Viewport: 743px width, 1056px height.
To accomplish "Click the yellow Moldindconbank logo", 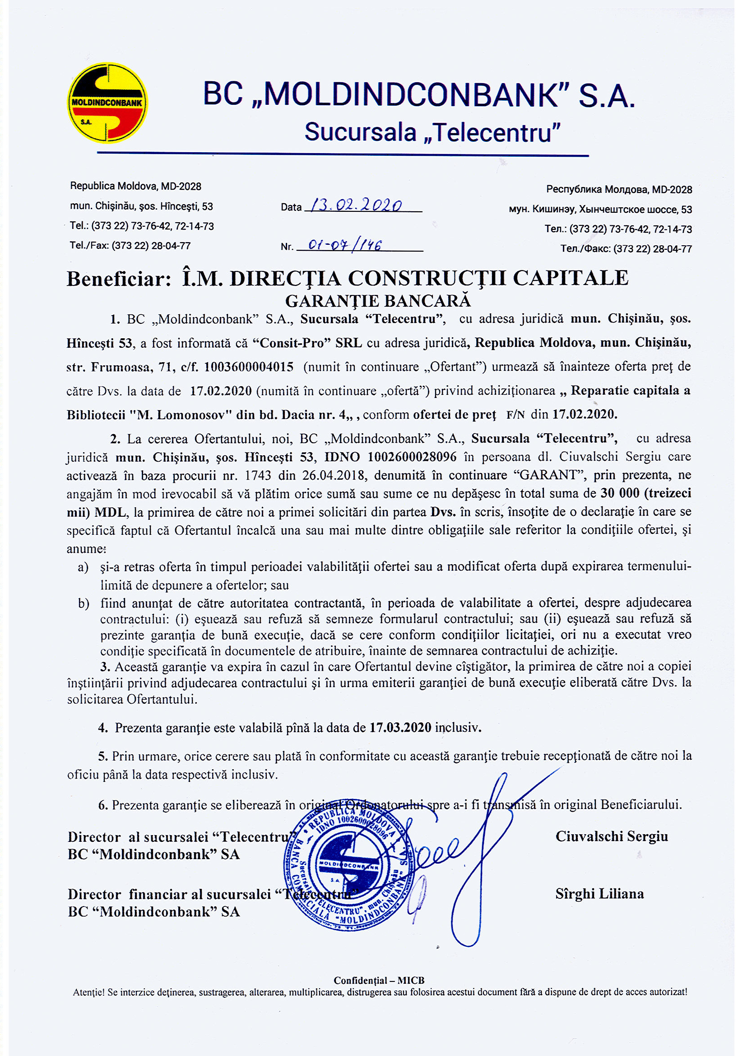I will click(x=107, y=103).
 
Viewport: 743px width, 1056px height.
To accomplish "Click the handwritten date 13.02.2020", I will click(x=356, y=205).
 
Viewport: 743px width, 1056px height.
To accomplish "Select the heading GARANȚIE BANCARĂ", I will click(x=378, y=301).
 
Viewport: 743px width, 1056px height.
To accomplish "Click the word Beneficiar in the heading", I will click(x=119, y=279).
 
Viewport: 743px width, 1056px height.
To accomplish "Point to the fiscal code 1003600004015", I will click(x=249, y=367).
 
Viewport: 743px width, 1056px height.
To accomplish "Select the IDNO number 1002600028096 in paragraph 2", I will click(x=412, y=457).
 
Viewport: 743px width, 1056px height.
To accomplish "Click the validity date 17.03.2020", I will click(x=400, y=728).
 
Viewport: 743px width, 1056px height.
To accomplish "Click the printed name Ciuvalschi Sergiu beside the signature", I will click(x=612, y=836).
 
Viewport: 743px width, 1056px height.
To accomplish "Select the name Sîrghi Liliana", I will click(x=599, y=894).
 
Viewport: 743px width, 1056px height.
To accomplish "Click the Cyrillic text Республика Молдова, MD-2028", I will click(x=619, y=190).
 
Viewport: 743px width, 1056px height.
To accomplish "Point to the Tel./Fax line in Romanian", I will click(x=130, y=246).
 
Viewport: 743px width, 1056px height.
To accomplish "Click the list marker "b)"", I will click(x=84, y=603).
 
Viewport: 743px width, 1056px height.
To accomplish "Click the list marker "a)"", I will click(x=83, y=567).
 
